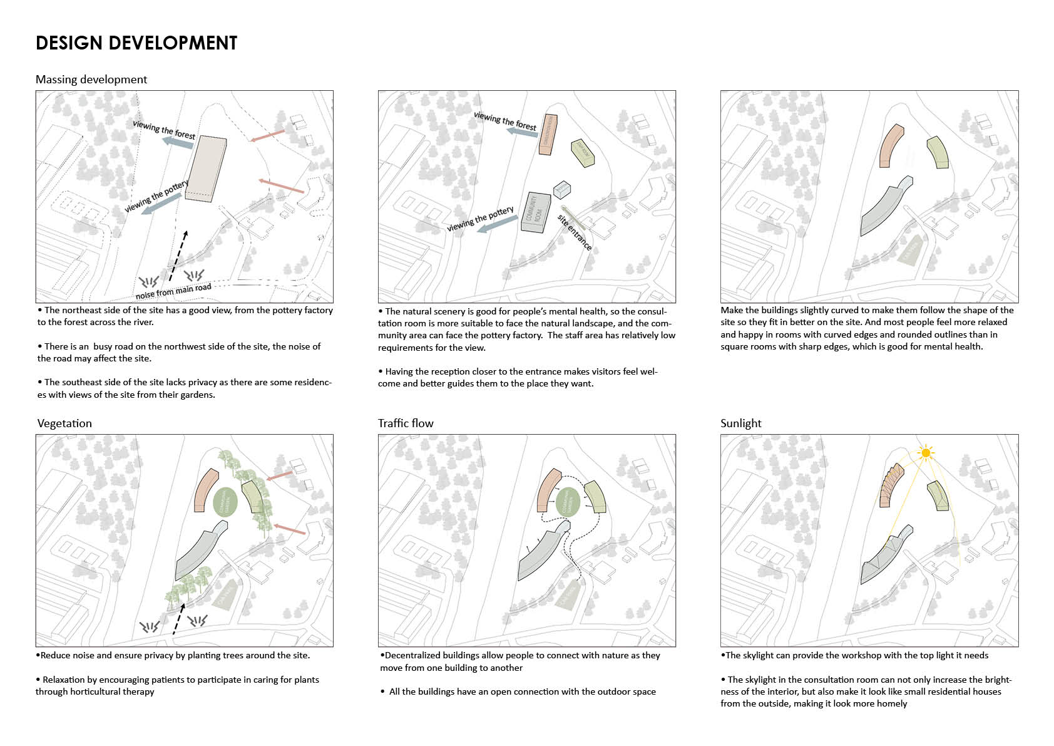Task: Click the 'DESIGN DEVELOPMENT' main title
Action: coord(136,43)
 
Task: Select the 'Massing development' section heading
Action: coord(91,80)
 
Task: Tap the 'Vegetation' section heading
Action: coord(64,423)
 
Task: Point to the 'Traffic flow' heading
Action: coord(406,423)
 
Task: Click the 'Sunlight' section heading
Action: coord(740,423)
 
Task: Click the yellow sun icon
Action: coord(926,452)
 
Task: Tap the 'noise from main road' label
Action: coord(173,291)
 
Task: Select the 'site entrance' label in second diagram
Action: coord(574,232)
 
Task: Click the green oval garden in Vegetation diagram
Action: coord(225,502)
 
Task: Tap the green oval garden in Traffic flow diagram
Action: coord(568,502)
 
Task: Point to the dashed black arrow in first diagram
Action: coord(177,256)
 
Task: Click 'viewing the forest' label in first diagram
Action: coord(164,130)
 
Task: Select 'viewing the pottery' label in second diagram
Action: coord(480,219)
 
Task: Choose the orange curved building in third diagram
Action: coord(889,147)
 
